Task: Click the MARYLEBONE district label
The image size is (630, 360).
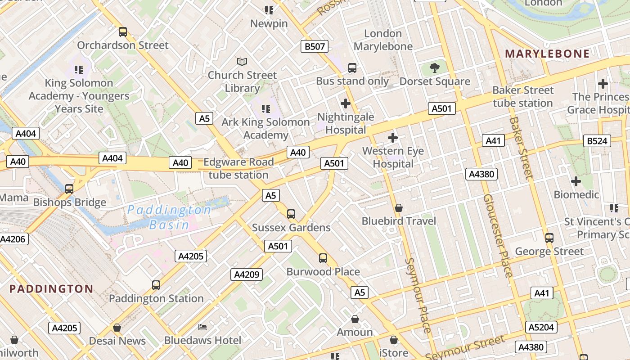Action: click(x=547, y=54)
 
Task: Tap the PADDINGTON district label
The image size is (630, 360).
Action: click(x=51, y=289)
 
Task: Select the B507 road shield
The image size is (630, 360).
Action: click(x=315, y=46)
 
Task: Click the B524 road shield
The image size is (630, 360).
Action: click(x=597, y=141)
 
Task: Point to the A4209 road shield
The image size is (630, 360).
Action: click(x=247, y=274)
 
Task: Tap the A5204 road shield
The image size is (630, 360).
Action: click(x=541, y=327)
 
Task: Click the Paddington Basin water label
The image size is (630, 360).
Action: click(x=169, y=217)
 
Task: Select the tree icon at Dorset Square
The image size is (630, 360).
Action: click(x=434, y=68)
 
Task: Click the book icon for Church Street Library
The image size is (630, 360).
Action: click(x=242, y=61)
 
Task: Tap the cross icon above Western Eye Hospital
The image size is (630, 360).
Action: click(x=393, y=137)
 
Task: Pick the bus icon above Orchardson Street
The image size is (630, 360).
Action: click(x=123, y=32)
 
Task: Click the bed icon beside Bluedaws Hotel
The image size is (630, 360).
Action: click(x=202, y=327)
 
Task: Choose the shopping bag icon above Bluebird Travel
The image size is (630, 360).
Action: click(x=399, y=208)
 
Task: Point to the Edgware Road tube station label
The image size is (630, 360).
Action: click(x=238, y=168)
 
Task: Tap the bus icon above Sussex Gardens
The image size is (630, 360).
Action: click(x=291, y=214)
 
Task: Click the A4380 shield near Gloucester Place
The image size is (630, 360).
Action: click(x=481, y=174)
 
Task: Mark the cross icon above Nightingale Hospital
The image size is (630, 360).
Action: click(x=345, y=104)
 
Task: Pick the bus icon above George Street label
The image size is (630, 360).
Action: click(x=549, y=238)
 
